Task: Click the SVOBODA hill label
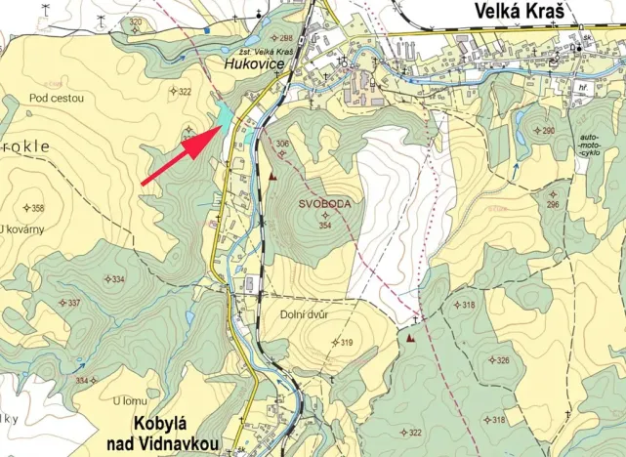coord(324,204)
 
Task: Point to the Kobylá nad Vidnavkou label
coord(174,436)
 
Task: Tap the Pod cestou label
coord(57,99)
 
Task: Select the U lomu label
coord(129,399)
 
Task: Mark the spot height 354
coord(326,226)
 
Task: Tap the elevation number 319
coord(343,342)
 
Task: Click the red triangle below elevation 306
coord(273,177)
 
